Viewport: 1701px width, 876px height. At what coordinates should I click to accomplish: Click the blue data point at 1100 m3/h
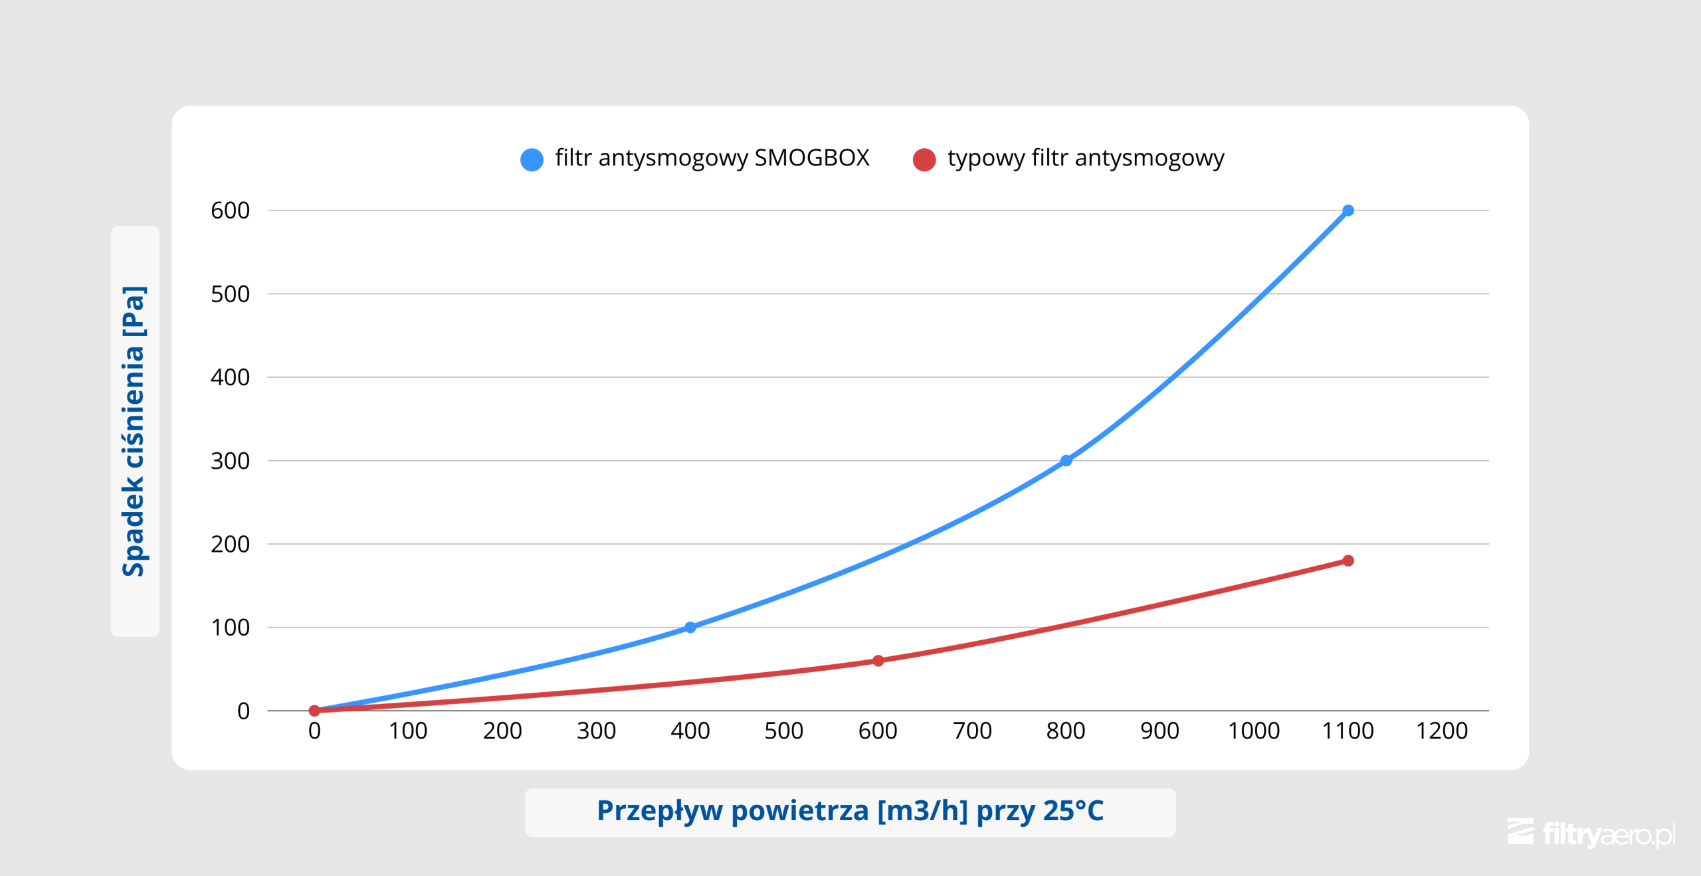click(x=1348, y=211)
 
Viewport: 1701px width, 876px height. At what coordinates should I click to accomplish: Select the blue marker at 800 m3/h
click(x=1066, y=460)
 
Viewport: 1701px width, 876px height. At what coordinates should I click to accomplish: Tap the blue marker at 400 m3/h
click(x=690, y=627)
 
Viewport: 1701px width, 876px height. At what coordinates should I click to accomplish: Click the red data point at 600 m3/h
click(x=878, y=660)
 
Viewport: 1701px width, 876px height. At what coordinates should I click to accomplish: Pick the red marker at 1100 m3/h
click(x=1348, y=561)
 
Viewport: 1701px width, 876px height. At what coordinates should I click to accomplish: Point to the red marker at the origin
click(x=314, y=710)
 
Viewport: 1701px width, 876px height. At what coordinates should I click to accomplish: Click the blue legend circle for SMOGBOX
click(x=532, y=159)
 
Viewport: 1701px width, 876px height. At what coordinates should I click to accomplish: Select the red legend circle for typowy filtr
click(x=924, y=159)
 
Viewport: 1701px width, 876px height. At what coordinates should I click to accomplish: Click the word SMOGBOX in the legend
click(x=811, y=158)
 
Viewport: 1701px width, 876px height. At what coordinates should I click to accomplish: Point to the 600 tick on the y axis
click(x=230, y=211)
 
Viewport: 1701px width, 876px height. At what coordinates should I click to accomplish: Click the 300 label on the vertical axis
click(x=230, y=461)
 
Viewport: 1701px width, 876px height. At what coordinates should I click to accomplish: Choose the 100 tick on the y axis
click(x=230, y=628)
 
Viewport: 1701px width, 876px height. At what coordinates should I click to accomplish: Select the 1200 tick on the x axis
click(x=1441, y=731)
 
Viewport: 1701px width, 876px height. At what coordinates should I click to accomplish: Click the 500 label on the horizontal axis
click(x=783, y=731)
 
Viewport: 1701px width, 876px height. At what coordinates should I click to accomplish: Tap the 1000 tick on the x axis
click(x=1253, y=731)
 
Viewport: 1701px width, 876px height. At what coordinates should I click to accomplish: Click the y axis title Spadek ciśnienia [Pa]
click(x=134, y=431)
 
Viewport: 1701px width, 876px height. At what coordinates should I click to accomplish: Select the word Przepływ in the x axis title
click(x=659, y=811)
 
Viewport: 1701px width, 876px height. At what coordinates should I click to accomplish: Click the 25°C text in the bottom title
click(x=1072, y=811)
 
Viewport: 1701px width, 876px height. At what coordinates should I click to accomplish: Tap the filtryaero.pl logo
click(x=1591, y=833)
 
